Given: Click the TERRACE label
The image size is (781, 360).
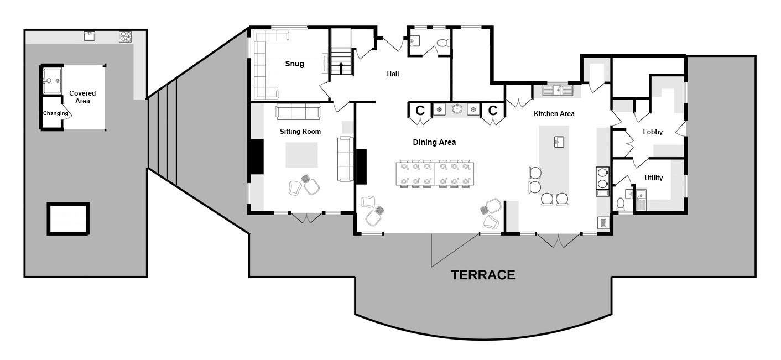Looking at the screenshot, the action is [x=483, y=275].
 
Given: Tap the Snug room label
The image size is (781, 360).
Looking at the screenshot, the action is [x=294, y=64].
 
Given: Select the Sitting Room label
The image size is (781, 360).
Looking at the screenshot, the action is [x=300, y=132].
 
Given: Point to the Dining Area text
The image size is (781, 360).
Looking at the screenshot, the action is [x=434, y=142].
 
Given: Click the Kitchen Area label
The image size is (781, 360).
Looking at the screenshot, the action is [x=554, y=113].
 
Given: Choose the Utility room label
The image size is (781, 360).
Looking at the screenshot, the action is [x=653, y=178].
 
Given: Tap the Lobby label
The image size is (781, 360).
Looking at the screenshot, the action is [x=653, y=132].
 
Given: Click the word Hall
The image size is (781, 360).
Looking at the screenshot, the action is [x=393, y=74].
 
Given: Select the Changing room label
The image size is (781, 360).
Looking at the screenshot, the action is [x=55, y=113].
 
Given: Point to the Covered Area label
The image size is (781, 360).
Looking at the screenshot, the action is [x=82, y=97].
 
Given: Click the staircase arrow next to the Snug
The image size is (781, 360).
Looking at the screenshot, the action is [x=341, y=68].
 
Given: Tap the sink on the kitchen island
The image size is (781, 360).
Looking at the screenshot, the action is [x=559, y=142].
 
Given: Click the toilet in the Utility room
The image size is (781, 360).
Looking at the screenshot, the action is [x=621, y=204].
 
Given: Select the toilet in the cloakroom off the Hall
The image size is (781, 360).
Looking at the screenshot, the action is [x=444, y=43].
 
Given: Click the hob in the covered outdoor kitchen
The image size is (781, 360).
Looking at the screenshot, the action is [x=125, y=36].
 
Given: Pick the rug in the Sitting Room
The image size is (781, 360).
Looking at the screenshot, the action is [x=301, y=155].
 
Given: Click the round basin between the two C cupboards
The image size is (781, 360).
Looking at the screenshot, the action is [x=457, y=109].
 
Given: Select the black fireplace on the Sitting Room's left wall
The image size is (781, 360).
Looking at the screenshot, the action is [x=257, y=156].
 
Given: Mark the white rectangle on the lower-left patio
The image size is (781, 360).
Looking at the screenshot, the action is [x=68, y=218].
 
